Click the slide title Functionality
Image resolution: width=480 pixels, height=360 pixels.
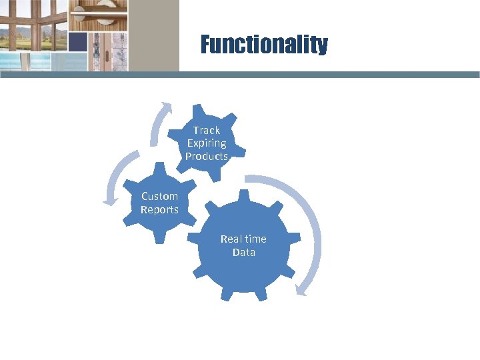(x=264, y=45)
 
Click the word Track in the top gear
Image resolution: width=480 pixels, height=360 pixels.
(x=207, y=131)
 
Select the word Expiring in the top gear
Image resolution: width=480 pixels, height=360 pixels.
(x=207, y=143)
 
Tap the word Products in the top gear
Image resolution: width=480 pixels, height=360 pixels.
(x=207, y=157)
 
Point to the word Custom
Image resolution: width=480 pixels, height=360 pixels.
(x=159, y=197)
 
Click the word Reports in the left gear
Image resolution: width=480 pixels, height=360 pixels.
(x=159, y=210)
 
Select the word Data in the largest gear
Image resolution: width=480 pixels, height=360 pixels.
(x=243, y=253)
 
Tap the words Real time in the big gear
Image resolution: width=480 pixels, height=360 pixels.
(x=243, y=239)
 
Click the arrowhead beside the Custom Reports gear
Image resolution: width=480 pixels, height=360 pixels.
(x=107, y=199)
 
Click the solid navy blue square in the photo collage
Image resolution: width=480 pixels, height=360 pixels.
(x=78, y=42)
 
